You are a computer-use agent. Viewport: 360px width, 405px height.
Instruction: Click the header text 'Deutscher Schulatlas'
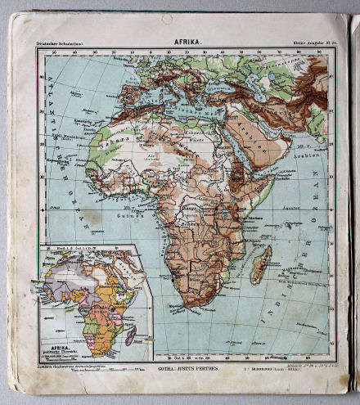62,40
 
